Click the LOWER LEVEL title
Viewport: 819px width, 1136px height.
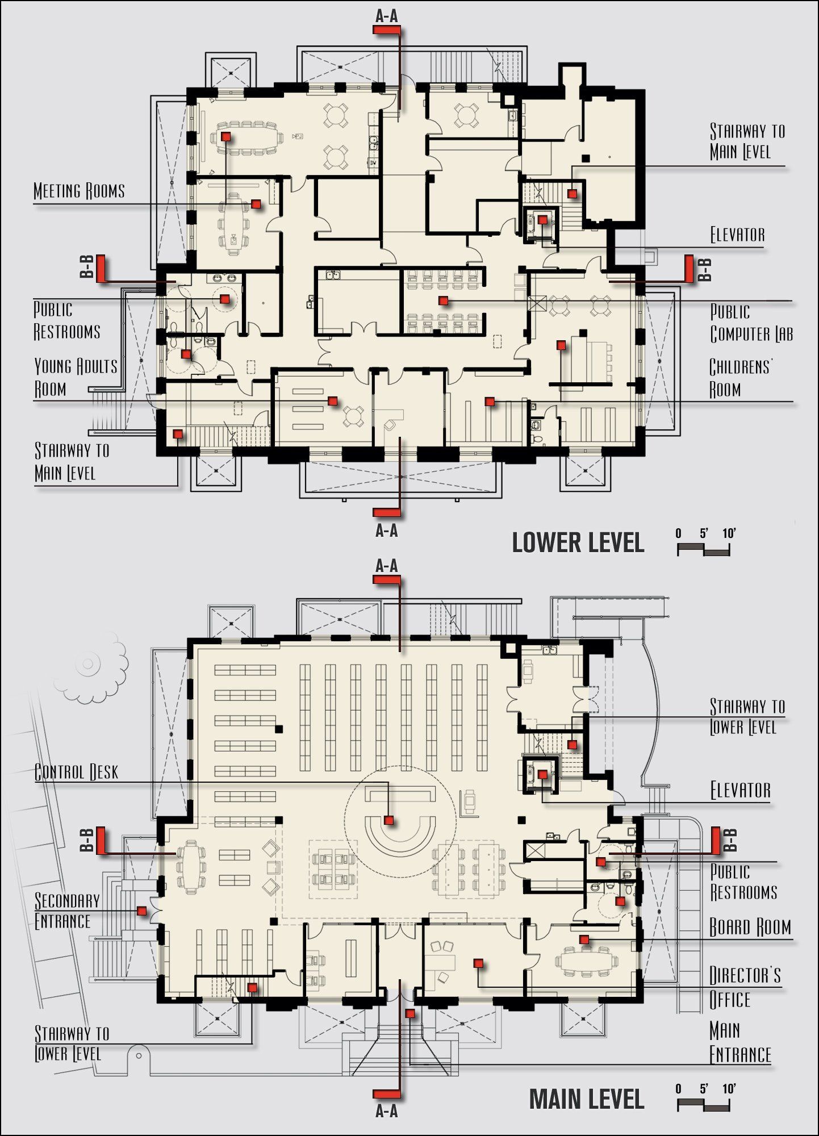click(x=578, y=542)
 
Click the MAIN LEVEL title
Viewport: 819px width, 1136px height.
click(x=587, y=1099)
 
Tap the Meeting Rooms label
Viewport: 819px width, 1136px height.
click(x=79, y=191)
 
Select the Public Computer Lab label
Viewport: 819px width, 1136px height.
click(x=751, y=323)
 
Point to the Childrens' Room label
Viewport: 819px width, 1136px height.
click(x=741, y=378)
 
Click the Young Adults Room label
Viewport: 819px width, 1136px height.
click(x=76, y=377)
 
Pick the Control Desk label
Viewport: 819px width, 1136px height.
click(x=76, y=772)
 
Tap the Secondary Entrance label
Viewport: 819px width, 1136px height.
click(x=67, y=911)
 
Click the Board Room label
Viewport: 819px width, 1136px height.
click(x=750, y=927)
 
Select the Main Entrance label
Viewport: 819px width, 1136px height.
click(x=740, y=1043)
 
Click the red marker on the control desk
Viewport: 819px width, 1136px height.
click(x=389, y=820)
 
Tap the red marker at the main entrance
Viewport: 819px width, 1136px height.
click(x=409, y=1013)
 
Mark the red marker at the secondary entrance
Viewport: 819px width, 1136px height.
click(x=142, y=911)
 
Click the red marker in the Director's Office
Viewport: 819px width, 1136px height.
click(x=478, y=963)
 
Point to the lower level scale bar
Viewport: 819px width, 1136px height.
click(x=704, y=549)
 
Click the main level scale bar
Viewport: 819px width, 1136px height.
click(x=704, y=1105)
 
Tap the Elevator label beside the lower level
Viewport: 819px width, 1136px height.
click(x=737, y=235)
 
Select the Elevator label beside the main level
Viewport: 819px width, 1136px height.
click(x=740, y=790)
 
